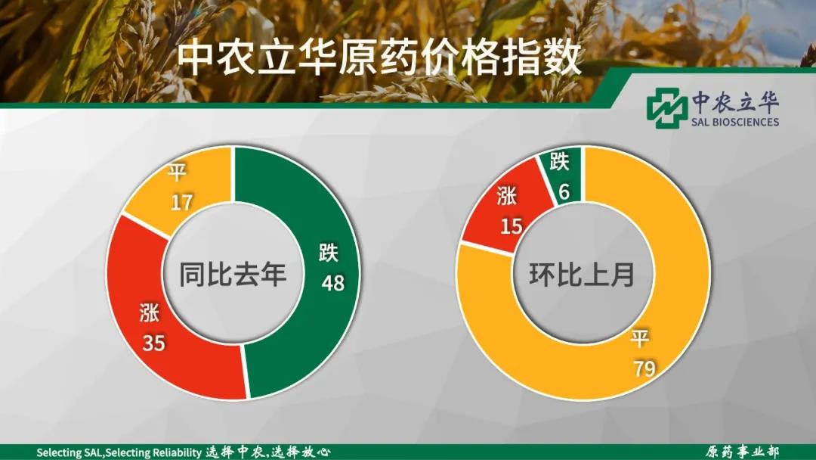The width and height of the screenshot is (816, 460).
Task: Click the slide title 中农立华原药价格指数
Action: click(379, 57)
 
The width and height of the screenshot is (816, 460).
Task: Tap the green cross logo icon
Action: click(666, 108)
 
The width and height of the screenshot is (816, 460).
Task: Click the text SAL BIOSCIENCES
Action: click(734, 122)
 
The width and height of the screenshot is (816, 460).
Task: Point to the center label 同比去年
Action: click(233, 274)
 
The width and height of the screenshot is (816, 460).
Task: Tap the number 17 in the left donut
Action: click(181, 203)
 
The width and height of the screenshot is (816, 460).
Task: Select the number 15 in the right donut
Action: click(512, 225)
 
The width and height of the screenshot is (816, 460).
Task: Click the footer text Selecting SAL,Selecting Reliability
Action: click(119, 452)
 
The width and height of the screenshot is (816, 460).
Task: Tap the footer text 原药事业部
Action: click(742, 452)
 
